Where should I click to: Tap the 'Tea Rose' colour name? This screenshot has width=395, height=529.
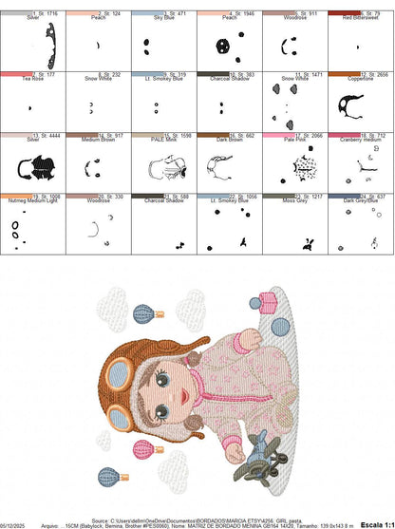(x=32, y=77)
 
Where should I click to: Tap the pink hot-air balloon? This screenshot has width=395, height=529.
(x=144, y=448)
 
